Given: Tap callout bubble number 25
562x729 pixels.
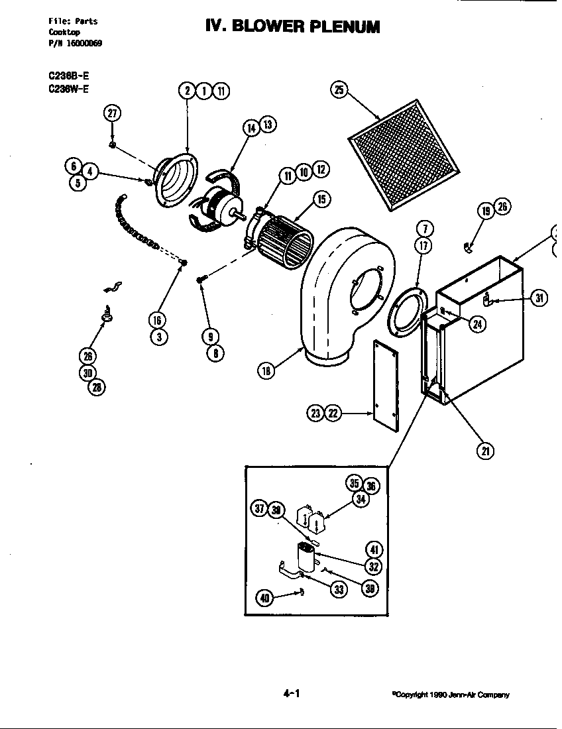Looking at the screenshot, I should coord(339,91).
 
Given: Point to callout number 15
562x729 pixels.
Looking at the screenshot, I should coord(321,199).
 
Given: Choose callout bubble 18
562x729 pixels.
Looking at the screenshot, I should coord(266,370).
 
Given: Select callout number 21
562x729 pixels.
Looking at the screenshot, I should coord(485,451).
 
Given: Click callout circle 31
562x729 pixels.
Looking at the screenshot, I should coord(540,298).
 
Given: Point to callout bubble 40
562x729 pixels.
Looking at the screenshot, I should coord(265,598).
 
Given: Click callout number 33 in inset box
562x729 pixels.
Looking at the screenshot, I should coord(339,589).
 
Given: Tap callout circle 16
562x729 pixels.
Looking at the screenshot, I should coord(158,321).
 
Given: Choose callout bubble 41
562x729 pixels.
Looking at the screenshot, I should coord(374,550).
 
